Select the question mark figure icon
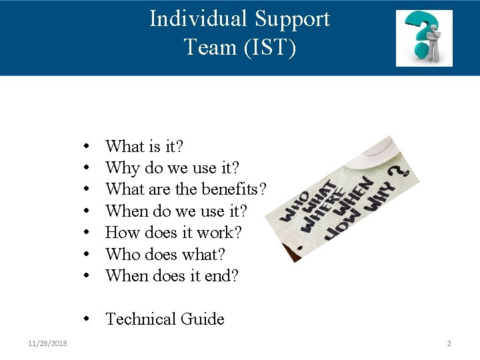pyautogui.click(x=424, y=38)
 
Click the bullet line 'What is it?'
pyautogui.click(x=145, y=146)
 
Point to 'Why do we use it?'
pyautogui.click(x=172, y=167)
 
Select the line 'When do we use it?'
pyautogui.click(x=176, y=211)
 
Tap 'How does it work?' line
pyautogui.click(x=173, y=233)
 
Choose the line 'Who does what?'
pyautogui.click(x=165, y=254)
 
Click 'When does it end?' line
pyautogui.click(x=172, y=275)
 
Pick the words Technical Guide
pyautogui.click(x=165, y=319)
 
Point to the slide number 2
pyautogui.click(x=449, y=343)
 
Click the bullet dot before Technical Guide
pyautogui.click(x=88, y=319)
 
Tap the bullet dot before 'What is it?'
pyautogui.click(x=88, y=146)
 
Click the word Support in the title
pyautogui.click(x=291, y=19)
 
